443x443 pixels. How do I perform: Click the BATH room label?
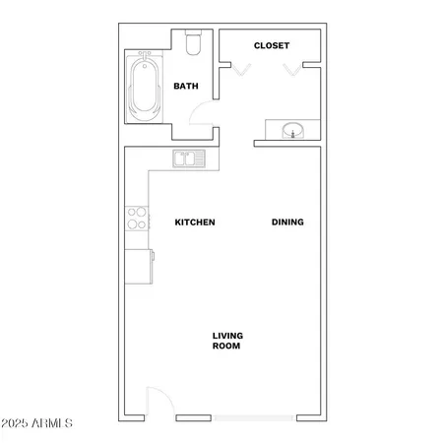point(186,87)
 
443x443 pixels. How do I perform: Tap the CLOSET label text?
point(271,46)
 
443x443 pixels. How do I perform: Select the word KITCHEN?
point(195,222)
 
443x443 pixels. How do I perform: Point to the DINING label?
point(287,222)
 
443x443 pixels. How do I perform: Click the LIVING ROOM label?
point(227,342)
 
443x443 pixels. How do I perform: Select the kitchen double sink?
point(187,158)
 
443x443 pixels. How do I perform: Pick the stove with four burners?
point(137,219)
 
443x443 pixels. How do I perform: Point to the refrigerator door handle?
point(153,257)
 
